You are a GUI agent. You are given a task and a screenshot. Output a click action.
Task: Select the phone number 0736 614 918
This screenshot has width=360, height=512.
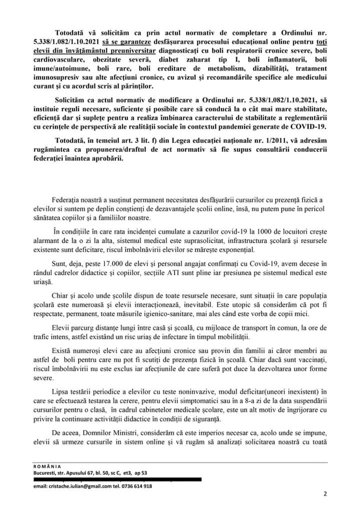[136, 486]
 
